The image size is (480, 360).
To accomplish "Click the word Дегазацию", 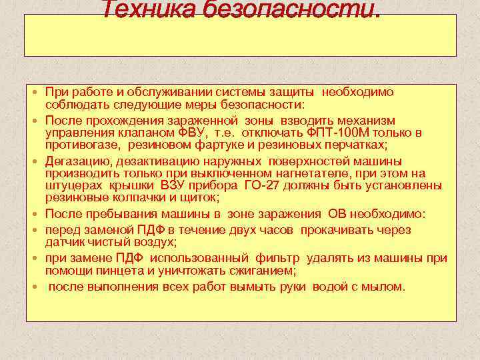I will pos(79,161).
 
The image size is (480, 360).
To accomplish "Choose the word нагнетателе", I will pos(268,173).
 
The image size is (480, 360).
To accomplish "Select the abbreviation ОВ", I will pos(335,214).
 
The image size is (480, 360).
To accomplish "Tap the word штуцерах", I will pos(69,185).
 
